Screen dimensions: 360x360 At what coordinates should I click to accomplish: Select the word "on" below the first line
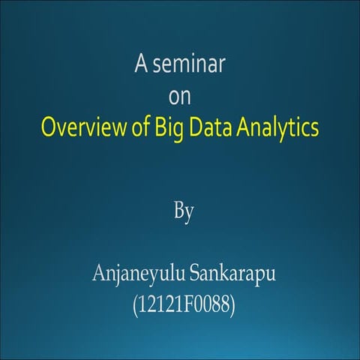pyautogui.click(x=181, y=96)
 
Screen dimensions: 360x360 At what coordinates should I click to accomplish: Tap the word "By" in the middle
pyautogui.click(x=184, y=211)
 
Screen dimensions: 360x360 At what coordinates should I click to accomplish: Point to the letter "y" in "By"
pyautogui.click(x=190, y=213)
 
